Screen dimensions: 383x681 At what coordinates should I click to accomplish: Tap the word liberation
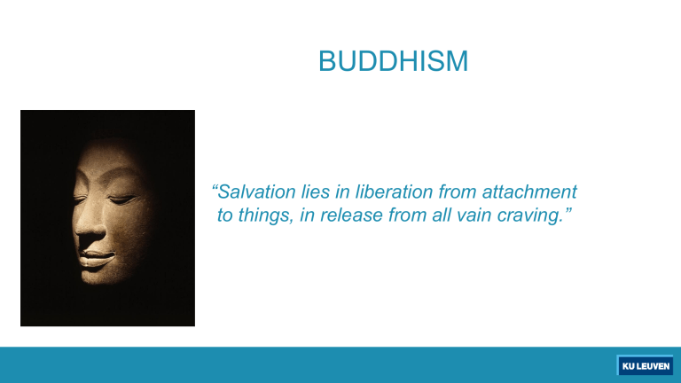(x=397, y=191)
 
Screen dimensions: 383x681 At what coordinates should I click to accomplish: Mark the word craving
(x=530, y=216)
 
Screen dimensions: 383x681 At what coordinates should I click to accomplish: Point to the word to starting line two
(x=226, y=216)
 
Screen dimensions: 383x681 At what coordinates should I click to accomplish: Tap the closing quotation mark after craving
(x=564, y=212)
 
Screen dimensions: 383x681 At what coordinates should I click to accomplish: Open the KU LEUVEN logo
(x=644, y=365)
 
